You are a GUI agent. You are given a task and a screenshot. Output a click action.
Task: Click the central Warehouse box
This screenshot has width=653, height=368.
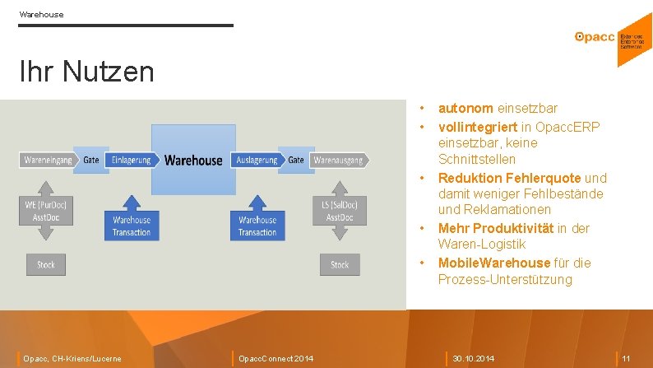[x=193, y=160]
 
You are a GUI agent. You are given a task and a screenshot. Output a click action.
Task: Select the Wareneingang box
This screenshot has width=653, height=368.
[x=46, y=160]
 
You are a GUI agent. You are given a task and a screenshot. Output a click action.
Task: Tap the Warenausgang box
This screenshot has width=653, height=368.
[x=338, y=160]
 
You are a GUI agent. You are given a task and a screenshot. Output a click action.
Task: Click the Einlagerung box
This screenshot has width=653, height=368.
[x=132, y=160]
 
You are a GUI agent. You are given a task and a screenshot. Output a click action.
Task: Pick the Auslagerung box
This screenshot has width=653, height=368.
[x=256, y=160]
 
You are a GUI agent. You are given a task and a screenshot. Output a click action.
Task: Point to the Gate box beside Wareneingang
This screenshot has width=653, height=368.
[x=91, y=160]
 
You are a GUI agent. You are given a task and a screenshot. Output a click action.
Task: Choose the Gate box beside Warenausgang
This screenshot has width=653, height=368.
[x=296, y=160]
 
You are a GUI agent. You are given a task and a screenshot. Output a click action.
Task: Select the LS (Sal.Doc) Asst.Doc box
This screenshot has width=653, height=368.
[x=340, y=211]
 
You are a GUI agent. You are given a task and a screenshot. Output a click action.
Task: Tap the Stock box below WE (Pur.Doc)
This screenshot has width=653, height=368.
[x=46, y=264]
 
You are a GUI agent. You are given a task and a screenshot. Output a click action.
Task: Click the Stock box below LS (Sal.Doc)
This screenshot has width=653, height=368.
[x=340, y=264]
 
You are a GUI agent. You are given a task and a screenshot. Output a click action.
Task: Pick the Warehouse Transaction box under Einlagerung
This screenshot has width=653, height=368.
[x=132, y=226]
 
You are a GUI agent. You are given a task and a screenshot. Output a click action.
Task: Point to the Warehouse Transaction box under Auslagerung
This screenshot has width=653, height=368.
[x=257, y=226]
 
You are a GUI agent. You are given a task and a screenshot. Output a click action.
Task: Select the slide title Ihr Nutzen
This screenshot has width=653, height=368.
[x=86, y=72]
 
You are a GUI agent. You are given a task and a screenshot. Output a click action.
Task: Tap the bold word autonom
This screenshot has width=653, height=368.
[x=465, y=109]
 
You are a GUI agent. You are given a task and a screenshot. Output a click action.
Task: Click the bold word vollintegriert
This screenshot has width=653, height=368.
[x=476, y=126]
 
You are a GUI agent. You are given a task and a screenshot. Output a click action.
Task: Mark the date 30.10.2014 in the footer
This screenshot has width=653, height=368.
[x=475, y=358]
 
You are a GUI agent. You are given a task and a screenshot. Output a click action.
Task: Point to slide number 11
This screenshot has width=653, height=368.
[x=626, y=358]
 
